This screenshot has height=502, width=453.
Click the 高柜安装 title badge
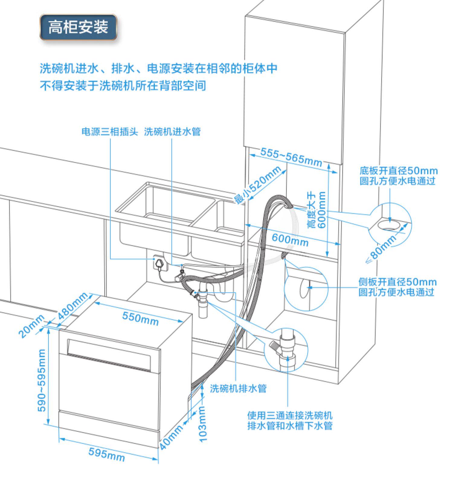pyautogui.click(x=78, y=27)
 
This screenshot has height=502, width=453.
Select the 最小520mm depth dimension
pyautogui.click(x=258, y=185)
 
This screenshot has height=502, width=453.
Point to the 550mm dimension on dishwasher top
pyautogui.click(x=140, y=318)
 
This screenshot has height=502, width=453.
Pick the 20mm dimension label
pyautogui.click(x=31, y=326)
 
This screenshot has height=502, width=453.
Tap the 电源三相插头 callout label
pyautogui.click(x=110, y=132)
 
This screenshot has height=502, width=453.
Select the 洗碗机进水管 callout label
pyautogui.click(x=172, y=132)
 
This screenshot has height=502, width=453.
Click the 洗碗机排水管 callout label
pyautogui.click(x=238, y=388)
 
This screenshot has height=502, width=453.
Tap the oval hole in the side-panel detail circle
pyautogui.click(x=303, y=288)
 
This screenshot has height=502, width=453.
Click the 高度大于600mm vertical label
pyautogui.click(x=316, y=210)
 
